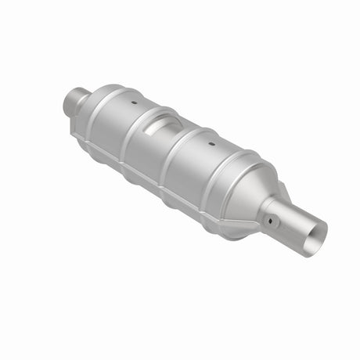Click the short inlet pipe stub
click(74, 100)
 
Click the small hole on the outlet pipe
click(272, 221)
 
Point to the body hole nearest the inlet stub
click(133, 103)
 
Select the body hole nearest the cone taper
click(211, 144)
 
